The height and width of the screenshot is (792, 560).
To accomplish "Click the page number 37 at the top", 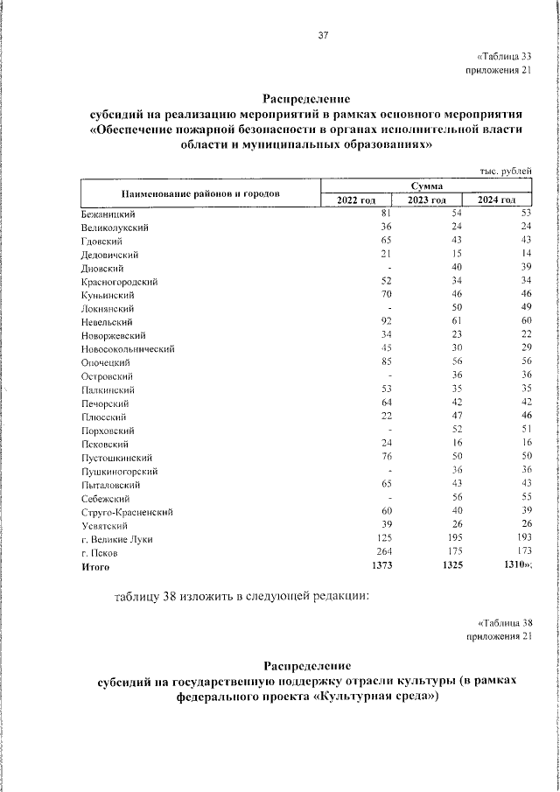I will point(323,36).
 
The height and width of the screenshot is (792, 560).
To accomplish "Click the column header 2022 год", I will point(356,200).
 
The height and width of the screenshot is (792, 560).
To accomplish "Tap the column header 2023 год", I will point(427,200).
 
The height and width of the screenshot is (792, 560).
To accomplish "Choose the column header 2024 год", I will point(496,200).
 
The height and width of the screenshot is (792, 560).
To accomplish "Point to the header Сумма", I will point(426,186).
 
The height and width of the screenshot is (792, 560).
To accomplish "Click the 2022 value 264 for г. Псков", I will point(380,553).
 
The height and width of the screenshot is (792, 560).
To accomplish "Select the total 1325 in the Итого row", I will point(451,567).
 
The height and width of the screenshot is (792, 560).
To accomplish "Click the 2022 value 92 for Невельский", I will point(382,322).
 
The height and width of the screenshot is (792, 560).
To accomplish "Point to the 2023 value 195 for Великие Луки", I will point(453,540).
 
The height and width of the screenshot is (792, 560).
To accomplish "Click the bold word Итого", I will point(94,567).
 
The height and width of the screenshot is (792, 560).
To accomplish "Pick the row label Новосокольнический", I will point(128,349).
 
